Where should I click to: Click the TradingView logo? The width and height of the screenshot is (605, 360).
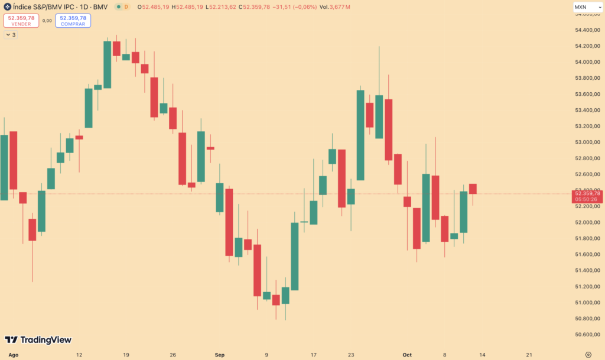[38, 340]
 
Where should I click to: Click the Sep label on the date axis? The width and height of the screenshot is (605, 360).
[220, 355]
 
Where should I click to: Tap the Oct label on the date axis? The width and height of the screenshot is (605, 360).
[406, 355]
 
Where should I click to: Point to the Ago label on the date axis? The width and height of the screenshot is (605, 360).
[14, 355]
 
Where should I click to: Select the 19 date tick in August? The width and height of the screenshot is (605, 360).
[126, 355]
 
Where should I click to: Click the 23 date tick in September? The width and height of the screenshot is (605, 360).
[351, 355]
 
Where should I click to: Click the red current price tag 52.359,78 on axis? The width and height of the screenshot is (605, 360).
[587, 196]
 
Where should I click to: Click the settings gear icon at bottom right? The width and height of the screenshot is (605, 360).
[588, 354]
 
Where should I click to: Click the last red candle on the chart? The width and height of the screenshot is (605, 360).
[473, 189]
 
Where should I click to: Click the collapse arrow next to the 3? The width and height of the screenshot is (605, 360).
[8, 35]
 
